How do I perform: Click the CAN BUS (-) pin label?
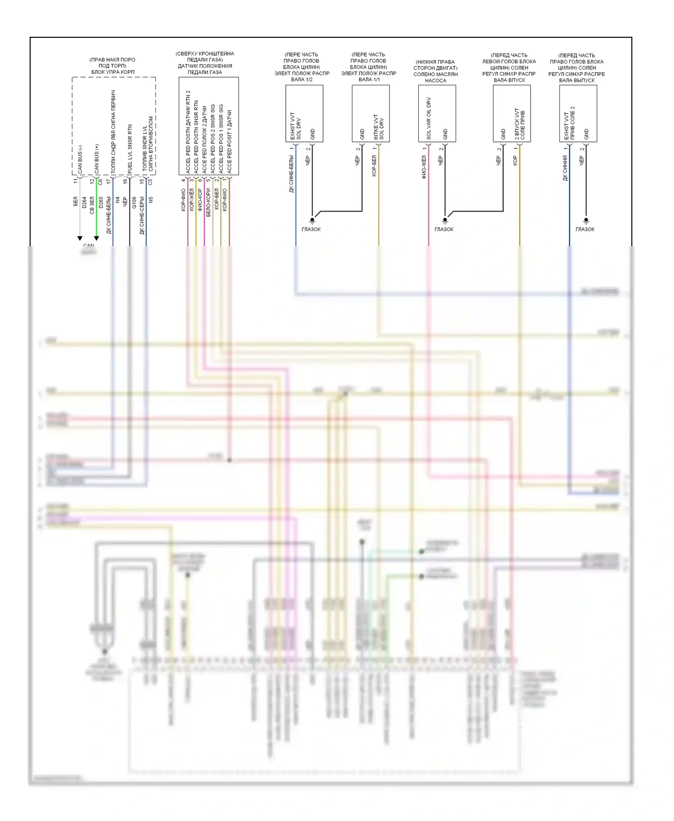pos(80,159)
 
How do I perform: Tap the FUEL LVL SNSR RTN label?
pos(130,149)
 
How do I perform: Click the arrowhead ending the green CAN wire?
pos(96,238)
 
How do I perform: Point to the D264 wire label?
pos(84,202)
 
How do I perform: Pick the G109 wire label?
pos(134,202)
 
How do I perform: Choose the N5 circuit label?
pos(151,200)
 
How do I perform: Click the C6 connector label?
pos(101,181)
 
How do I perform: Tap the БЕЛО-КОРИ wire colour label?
pos(208,202)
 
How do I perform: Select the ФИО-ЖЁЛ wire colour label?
pos(424,167)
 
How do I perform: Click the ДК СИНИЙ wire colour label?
pos(565,168)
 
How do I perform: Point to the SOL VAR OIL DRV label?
pos(429,118)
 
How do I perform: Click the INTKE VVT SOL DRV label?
pos(378,127)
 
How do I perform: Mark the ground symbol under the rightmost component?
pos(585,221)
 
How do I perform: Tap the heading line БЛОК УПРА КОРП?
pos(113,72)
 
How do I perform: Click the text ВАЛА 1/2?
pos(302,79)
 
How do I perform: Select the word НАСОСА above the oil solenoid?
pos(435,81)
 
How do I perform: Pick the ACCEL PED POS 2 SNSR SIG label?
pos(213,139)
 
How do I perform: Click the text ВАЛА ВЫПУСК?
pos(577,80)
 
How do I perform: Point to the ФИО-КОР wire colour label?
pos(200,200)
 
